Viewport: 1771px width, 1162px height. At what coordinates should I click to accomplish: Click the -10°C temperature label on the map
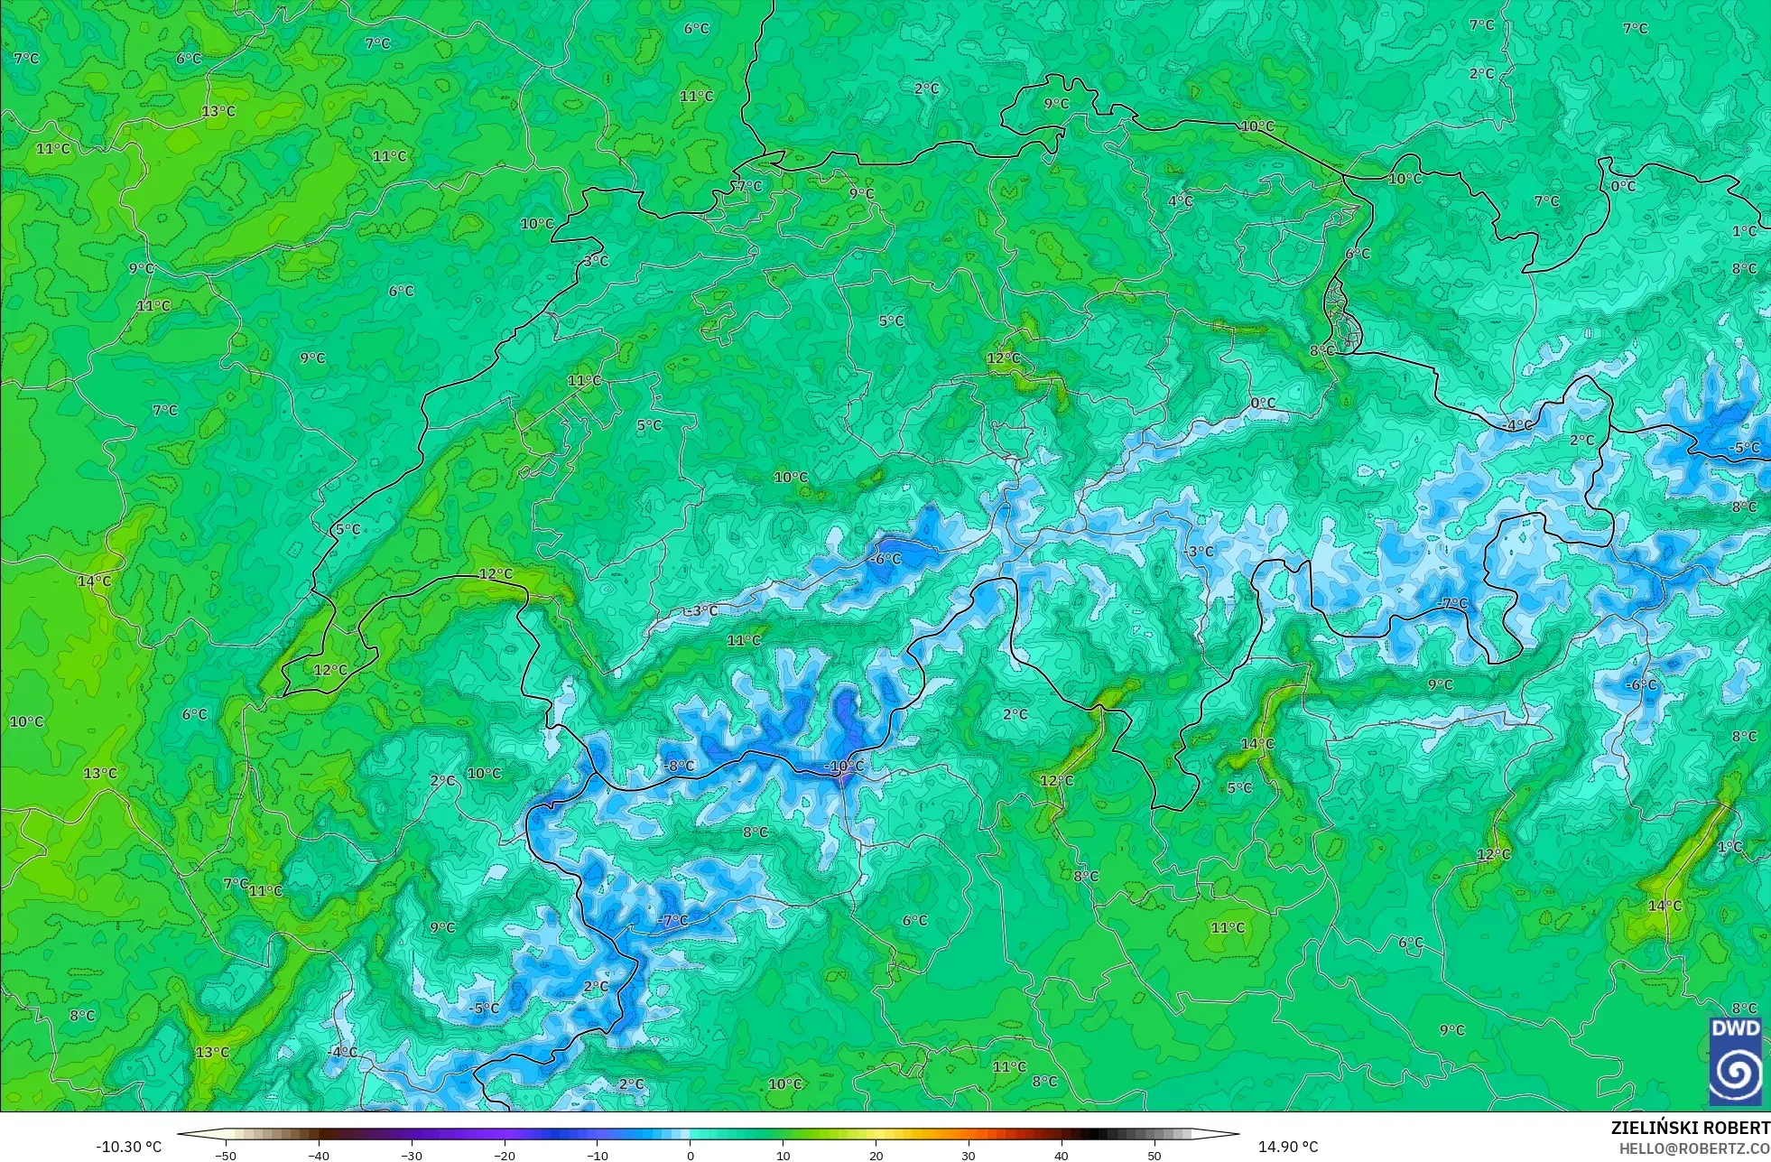click(844, 767)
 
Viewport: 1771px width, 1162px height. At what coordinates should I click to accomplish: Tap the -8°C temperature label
click(680, 766)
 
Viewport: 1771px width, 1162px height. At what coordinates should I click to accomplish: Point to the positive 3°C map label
click(596, 261)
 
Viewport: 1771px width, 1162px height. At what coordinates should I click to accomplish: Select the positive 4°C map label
click(1181, 201)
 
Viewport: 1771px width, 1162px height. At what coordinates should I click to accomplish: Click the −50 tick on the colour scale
click(226, 1155)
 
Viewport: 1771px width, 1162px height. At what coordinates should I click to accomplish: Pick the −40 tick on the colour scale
click(319, 1155)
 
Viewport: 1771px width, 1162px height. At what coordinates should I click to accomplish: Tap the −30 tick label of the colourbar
click(412, 1155)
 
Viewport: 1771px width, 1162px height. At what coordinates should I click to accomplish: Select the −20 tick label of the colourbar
click(505, 1155)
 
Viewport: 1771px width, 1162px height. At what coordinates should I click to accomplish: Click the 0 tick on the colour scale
click(691, 1155)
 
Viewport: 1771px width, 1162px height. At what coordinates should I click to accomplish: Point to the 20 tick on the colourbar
click(876, 1155)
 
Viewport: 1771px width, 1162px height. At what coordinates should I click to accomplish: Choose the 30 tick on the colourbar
click(969, 1155)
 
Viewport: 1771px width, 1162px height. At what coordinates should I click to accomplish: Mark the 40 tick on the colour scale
click(1062, 1155)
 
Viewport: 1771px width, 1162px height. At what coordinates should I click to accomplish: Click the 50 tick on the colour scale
click(1154, 1155)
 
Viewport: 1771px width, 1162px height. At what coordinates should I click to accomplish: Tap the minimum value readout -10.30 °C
click(129, 1147)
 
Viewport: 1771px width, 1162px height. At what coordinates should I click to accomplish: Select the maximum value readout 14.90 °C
click(1288, 1147)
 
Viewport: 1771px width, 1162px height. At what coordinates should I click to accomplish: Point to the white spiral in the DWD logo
click(1735, 1074)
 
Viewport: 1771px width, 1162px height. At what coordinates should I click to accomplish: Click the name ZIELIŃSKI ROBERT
click(1690, 1128)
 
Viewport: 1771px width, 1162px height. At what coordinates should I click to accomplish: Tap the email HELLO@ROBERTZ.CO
click(1693, 1148)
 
